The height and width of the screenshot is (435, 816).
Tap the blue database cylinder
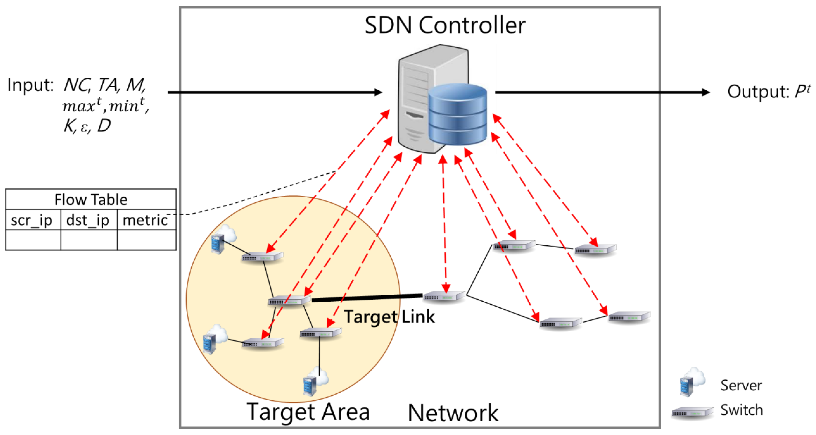pos(457,115)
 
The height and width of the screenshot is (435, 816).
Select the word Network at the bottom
pos(453,413)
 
